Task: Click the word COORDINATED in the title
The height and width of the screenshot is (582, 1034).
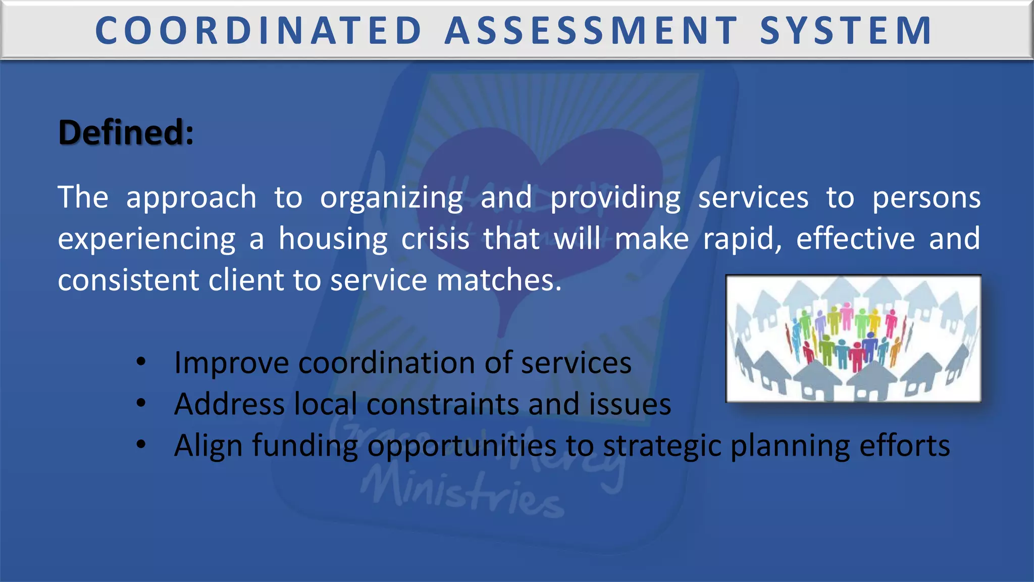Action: [258, 30]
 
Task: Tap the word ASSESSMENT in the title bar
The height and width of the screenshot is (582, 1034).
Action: [591, 30]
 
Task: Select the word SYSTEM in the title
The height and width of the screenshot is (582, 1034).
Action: [846, 30]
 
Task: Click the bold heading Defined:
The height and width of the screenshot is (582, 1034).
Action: [126, 132]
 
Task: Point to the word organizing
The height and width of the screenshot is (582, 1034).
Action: [391, 198]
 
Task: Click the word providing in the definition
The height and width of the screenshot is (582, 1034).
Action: [615, 198]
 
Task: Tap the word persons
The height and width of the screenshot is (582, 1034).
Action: [926, 198]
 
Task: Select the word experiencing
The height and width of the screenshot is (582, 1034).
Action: [146, 239]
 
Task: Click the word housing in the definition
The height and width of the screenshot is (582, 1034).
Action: [333, 239]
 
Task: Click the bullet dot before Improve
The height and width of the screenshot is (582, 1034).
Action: [141, 361]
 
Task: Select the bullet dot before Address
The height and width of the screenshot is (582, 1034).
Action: [141, 403]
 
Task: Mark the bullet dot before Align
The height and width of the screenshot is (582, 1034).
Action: [141, 444]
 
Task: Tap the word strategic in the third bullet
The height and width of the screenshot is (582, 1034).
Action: [662, 446]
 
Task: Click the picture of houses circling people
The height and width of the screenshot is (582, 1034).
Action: [853, 338]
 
